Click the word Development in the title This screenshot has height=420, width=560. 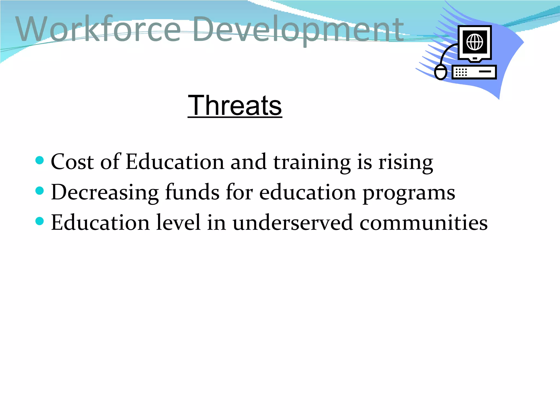tap(298, 30)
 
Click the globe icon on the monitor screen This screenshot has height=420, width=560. tap(475, 42)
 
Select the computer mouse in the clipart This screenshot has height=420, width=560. tap(441, 72)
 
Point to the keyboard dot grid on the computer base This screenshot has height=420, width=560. tap(461, 72)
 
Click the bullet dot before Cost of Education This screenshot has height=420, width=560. tap(40, 160)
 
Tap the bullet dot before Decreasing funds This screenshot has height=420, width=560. tap(40, 191)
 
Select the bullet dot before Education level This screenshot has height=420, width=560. tap(40, 221)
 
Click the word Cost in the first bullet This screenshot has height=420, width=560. tap(72, 162)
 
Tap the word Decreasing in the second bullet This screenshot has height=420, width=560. tap(105, 192)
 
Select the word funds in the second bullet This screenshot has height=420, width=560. tap(192, 192)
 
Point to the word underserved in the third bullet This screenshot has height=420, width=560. tap(293, 223)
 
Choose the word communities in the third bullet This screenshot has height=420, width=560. tap(423, 223)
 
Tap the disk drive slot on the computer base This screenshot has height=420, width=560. tap(485, 72)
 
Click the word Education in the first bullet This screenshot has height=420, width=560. tap(175, 162)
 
